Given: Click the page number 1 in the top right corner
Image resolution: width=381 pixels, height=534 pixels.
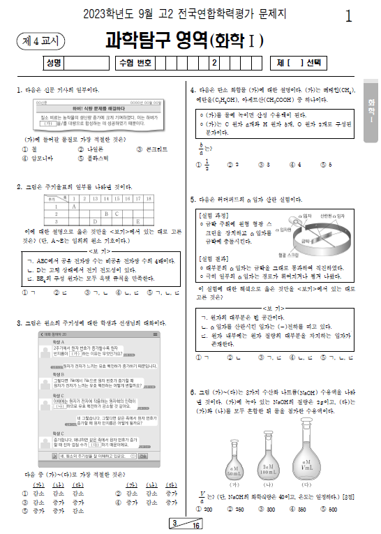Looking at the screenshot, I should pos(349,17).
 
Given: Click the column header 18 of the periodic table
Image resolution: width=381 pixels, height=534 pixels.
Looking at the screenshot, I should pos(150,199).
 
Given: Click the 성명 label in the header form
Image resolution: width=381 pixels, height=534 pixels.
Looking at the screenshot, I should pos(53,63).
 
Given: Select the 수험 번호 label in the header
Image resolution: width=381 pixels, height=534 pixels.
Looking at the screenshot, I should pos(135,63).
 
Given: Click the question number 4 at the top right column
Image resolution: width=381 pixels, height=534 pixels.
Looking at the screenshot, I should pos(193,90).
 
